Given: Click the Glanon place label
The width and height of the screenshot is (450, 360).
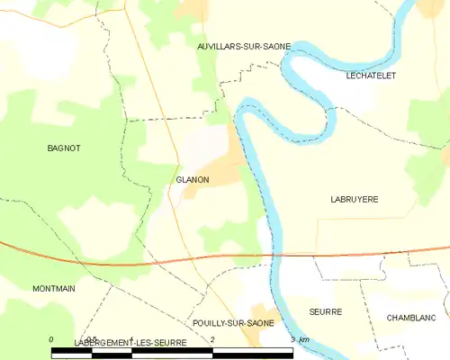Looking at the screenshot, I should click(x=193, y=180).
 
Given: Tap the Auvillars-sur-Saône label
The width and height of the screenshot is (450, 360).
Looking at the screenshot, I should click(x=237, y=44).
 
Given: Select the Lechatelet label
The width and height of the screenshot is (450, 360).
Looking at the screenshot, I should click(x=371, y=76).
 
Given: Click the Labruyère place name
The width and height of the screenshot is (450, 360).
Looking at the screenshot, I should click(x=354, y=199).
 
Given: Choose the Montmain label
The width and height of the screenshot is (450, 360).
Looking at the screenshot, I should click(x=29, y=288).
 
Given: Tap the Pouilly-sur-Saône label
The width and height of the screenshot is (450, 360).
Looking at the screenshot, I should click(x=233, y=322).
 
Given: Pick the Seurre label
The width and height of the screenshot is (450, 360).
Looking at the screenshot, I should click(x=324, y=311).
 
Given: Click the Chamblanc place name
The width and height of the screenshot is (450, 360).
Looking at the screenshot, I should click(x=409, y=318).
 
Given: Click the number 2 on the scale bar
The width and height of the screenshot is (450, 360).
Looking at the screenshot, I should click(x=212, y=338).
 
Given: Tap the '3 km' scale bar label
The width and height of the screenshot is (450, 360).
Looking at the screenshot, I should click(x=301, y=338).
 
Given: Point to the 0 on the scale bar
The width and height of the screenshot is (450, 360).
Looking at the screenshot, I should click(x=52, y=338).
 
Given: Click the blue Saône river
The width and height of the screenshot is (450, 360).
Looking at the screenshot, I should click(x=270, y=207).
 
